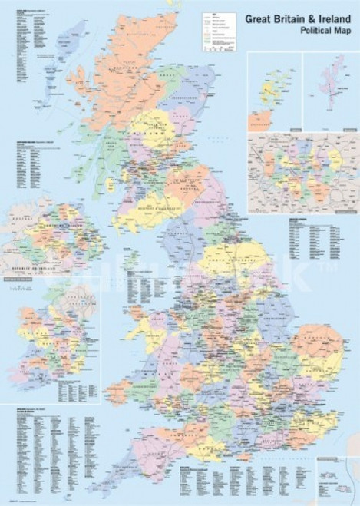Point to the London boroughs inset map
click(302, 171)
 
